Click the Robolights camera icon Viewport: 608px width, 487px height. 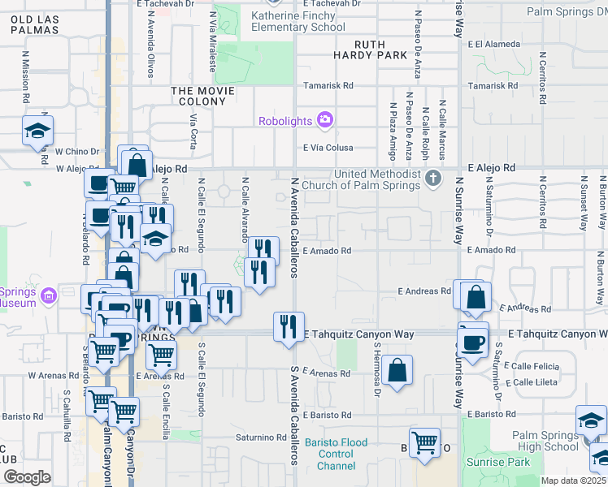(325, 121)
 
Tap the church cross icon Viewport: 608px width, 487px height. (434, 178)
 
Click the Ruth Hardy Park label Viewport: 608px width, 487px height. (370, 50)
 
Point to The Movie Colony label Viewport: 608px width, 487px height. (198, 96)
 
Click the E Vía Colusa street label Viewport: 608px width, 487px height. (328, 148)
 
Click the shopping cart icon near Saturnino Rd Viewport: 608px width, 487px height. (424, 442)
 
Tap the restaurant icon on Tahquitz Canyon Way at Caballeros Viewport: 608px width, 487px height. (289, 327)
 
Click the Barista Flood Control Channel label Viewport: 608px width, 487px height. (336, 454)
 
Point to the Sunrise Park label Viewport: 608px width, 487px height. (498, 462)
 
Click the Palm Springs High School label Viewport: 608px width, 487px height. (545, 441)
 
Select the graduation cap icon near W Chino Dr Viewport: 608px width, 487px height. (37, 130)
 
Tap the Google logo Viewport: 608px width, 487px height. (27, 477)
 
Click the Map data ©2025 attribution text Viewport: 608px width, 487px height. (573, 481)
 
